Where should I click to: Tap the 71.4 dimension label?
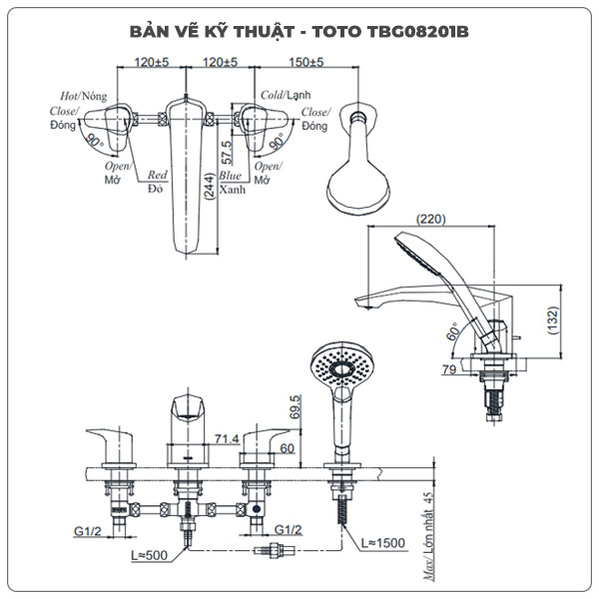(227, 438)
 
